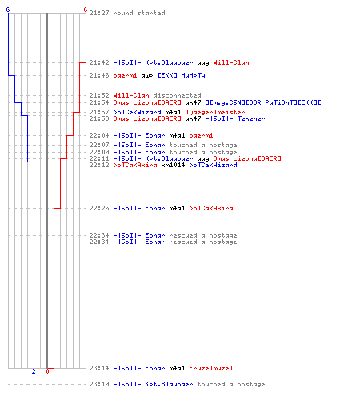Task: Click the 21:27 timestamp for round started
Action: pyautogui.click(x=99, y=13)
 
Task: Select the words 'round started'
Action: pyautogui.click(x=139, y=13)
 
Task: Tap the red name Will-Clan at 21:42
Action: pyautogui.click(x=231, y=62)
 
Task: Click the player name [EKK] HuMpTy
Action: pyautogui.click(x=182, y=75)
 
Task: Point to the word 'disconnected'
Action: pyautogui.click(x=177, y=95)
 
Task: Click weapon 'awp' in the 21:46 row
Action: pyautogui.click(x=147, y=76)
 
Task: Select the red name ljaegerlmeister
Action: pyautogui.click(x=215, y=112)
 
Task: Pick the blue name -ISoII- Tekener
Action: pyautogui.click(x=235, y=118)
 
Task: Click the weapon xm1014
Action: pyautogui.click(x=173, y=165)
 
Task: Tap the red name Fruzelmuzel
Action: pyautogui.click(x=211, y=368)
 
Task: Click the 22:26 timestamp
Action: pyautogui.click(x=99, y=208)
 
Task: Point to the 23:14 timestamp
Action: pyautogui.click(x=99, y=368)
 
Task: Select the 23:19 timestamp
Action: pyautogui.click(x=99, y=384)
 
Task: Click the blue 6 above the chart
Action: pyautogui.click(x=8, y=10)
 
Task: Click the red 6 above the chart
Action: pyautogui.click(x=86, y=10)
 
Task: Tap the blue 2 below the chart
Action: pyautogui.click(x=34, y=371)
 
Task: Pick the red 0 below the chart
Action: pyautogui.click(x=47, y=371)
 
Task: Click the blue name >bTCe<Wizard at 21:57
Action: pyautogui.click(x=137, y=112)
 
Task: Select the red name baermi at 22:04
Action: pyautogui.click(x=201, y=135)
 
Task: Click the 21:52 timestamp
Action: pyautogui.click(x=99, y=95)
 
